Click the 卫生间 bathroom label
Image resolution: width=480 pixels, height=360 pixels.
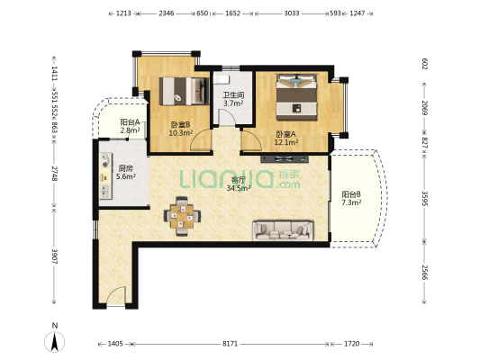tap(233, 95)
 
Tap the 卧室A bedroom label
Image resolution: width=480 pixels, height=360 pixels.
tap(285, 134)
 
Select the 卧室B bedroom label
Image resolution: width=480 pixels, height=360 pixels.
tap(180, 124)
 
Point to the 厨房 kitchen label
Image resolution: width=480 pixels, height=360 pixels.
tap(125, 168)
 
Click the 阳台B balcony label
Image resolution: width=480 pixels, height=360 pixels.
tap(351, 194)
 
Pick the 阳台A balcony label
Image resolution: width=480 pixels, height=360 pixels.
tap(130, 122)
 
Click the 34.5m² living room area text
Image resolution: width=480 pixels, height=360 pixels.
tap(239, 188)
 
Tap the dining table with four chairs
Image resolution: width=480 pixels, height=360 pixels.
tap(183, 216)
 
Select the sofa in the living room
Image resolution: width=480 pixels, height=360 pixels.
tap(283, 230)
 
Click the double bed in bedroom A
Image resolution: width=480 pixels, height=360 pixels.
tap(296, 97)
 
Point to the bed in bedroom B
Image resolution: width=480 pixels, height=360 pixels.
tap(185, 91)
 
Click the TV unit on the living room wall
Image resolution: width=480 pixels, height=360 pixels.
tap(285, 158)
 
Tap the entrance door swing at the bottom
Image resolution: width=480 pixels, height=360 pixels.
tap(116, 296)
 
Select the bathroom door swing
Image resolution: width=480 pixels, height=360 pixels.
tap(227, 118)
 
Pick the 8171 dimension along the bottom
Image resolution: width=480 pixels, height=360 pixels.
tap(230, 344)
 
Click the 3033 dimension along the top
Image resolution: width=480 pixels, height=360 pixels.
tap(292, 13)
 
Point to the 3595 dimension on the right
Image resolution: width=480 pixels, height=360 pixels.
tap(424, 199)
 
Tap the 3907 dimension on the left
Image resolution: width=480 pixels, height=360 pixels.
tap(55, 256)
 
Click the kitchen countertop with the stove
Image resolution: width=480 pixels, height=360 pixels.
tap(105, 175)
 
